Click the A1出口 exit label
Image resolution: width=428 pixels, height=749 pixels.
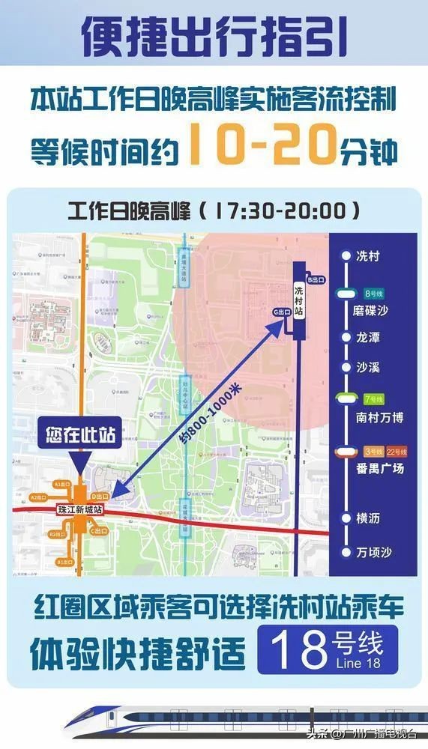pos(61,485)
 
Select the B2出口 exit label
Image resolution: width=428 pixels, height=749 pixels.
pos(57,534)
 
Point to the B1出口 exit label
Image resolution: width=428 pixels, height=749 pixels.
pos(64,560)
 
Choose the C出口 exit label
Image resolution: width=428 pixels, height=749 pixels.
pos(99,530)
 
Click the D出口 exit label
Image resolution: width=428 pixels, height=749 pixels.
pos(99,496)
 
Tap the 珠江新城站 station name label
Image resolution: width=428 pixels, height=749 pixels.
pos(79,509)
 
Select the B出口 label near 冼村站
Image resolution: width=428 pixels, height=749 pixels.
pos(316,279)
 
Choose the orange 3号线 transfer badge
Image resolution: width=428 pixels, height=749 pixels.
pos(373,452)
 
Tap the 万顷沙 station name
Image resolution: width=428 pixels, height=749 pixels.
pos(374,553)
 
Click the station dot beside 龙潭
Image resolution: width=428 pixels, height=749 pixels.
pos(346,338)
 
